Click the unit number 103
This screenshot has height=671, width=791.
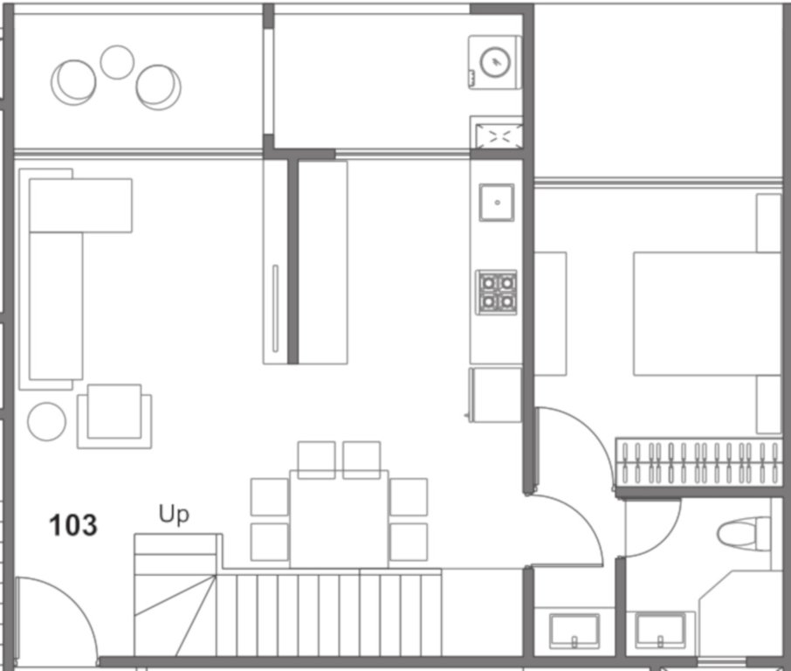point(73,525)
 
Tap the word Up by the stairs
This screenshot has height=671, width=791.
point(173,515)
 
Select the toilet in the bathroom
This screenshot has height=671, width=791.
point(746,530)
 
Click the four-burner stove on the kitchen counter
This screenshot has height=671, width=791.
point(496,292)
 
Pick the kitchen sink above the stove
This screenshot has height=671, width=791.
point(496,203)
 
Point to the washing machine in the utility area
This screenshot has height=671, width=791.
point(495,61)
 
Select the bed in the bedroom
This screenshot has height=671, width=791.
point(705,313)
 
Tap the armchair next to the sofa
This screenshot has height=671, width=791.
point(114,416)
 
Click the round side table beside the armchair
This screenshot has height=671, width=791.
point(46,421)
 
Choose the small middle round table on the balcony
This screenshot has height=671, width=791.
point(117,62)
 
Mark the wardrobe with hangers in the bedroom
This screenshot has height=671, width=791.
point(698,462)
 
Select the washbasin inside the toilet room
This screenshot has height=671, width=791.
point(660,629)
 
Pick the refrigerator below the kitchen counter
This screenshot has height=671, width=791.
point(496,394)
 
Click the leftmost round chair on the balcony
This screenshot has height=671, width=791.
point(73,81)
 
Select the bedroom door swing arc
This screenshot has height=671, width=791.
point(576,446)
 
